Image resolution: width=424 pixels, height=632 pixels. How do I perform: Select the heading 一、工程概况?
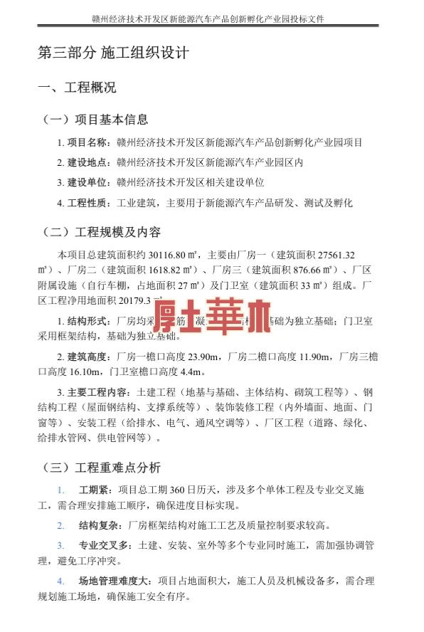tap(76, 88)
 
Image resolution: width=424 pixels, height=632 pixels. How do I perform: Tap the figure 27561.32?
tap(330, 255)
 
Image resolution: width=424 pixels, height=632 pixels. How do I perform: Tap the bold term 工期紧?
tap(92, 490)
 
